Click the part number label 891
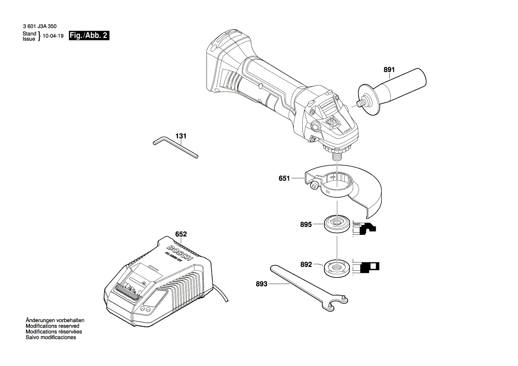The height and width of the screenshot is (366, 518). pyautogui.click(x=389, y=70)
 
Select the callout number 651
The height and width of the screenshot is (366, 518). pyautogui.click(x=284, y=179)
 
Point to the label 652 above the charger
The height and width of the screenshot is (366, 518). pyautogui.click(x=181, y=234)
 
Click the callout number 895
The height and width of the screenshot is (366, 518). pyautogui.click(x=306, y=225)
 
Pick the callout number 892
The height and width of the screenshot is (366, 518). pyautogui.click(x=306, y=265)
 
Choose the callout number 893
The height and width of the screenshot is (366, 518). pyautogui.click(x=261, y=284)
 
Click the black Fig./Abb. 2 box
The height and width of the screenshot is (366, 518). pyautogui.click(x=89, y=36)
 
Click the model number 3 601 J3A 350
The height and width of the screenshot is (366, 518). pyautogui.click(x=39, y=27)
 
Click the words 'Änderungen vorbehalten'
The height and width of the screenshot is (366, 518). pyautogui.click(x=55, y=320)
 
